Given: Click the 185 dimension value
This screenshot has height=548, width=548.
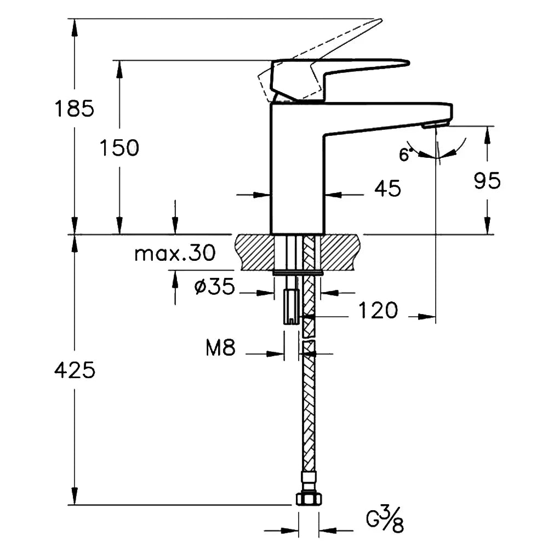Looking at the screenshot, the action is click(x=75, y=109).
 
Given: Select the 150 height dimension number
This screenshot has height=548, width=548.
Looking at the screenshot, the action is click(x=119, y=147).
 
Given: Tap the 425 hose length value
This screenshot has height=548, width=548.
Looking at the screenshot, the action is click(x=75, y=370).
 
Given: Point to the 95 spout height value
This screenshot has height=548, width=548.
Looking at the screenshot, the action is click(x=487, y=181).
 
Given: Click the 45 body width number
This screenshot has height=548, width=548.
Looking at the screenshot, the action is click(x=388, y=189).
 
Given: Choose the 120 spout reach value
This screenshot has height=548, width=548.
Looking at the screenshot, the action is click(x=378, y=310).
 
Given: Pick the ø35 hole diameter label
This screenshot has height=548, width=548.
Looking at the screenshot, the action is click(x=215, y=287).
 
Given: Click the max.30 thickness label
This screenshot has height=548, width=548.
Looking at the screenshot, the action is click(x=175, y=253).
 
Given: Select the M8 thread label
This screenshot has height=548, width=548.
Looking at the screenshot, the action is click(x=220, y=348).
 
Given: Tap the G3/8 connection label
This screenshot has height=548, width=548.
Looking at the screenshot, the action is click(x=385, y=521).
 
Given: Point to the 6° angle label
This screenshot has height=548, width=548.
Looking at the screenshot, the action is click(x=405, y=154).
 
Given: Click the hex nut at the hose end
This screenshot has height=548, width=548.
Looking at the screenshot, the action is click(x=309, y=499).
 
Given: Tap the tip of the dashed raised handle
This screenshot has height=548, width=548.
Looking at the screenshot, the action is click(x=381, y=20).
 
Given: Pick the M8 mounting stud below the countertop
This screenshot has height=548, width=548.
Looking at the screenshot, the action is click(x=292, y=300).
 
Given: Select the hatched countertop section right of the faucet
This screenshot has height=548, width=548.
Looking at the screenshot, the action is click(x=339, y=252).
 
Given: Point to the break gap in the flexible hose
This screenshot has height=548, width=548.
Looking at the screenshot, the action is click(x=308, y=339).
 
